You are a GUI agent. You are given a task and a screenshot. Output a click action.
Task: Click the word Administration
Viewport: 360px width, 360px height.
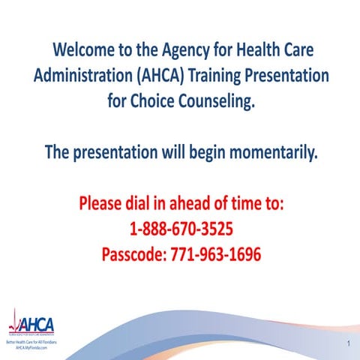(x=83, y=76)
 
